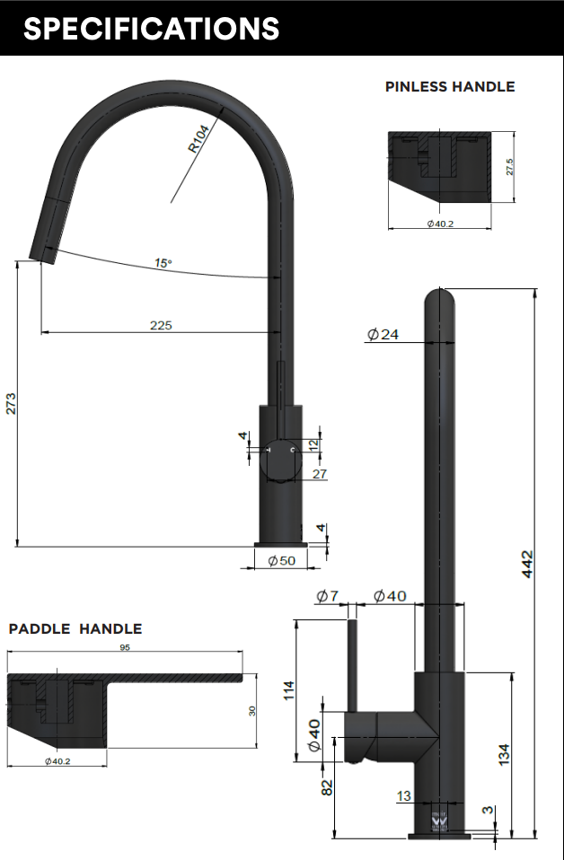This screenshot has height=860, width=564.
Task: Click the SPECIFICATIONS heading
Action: click(x=151, y=29)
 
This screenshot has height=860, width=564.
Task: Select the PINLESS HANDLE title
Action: click(x=450, y=87)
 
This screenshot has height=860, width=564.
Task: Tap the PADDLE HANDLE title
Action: click(x=75, y=629)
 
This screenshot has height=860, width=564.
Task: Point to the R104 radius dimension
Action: click(x=199, y=138)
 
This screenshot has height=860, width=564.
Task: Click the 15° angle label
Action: click(x=163, y=263)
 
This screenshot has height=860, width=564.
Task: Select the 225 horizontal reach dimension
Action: click(x=161, y=325)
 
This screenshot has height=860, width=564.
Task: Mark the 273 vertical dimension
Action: click(x=11, y=403)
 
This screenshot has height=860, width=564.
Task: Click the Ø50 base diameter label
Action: click(x=282, y=560)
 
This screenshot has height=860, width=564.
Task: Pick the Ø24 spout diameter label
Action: click(x=383, y=335)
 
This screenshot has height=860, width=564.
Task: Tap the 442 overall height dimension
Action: click(x=528, y=564)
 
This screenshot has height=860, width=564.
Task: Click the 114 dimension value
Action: click(x=288, y=690)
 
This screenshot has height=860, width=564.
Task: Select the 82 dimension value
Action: click(x=327, y=786)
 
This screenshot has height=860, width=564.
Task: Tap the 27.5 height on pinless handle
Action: click(x=509, y=167)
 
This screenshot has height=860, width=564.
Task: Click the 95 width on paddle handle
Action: click(x=125, y=647)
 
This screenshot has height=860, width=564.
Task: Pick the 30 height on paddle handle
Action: click(x=252, y=710)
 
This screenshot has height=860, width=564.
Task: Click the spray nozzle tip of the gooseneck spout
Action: click(x=42, y=252)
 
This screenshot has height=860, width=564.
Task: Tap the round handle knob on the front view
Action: click(x=281, y=462)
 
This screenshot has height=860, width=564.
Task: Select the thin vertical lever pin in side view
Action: click(x=353, y=664)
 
